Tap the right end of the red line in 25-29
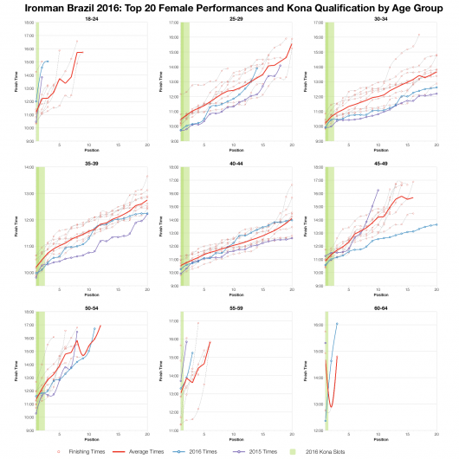click(292, 44)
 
